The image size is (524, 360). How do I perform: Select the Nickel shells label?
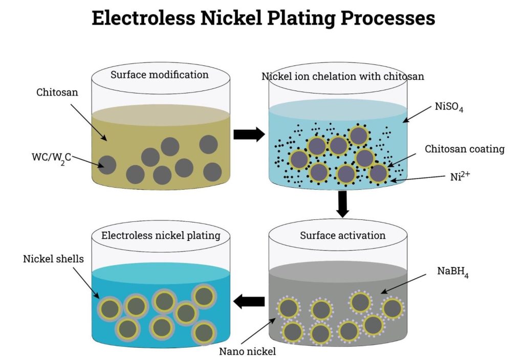tap(53, 259)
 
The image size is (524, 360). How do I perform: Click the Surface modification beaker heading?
tap(160, 75)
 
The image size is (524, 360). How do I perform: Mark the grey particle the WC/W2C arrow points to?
tap(107, 165)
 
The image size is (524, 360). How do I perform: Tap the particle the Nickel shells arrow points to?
tap(110, 309)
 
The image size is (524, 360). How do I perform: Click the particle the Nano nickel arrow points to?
tap(289, 309)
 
